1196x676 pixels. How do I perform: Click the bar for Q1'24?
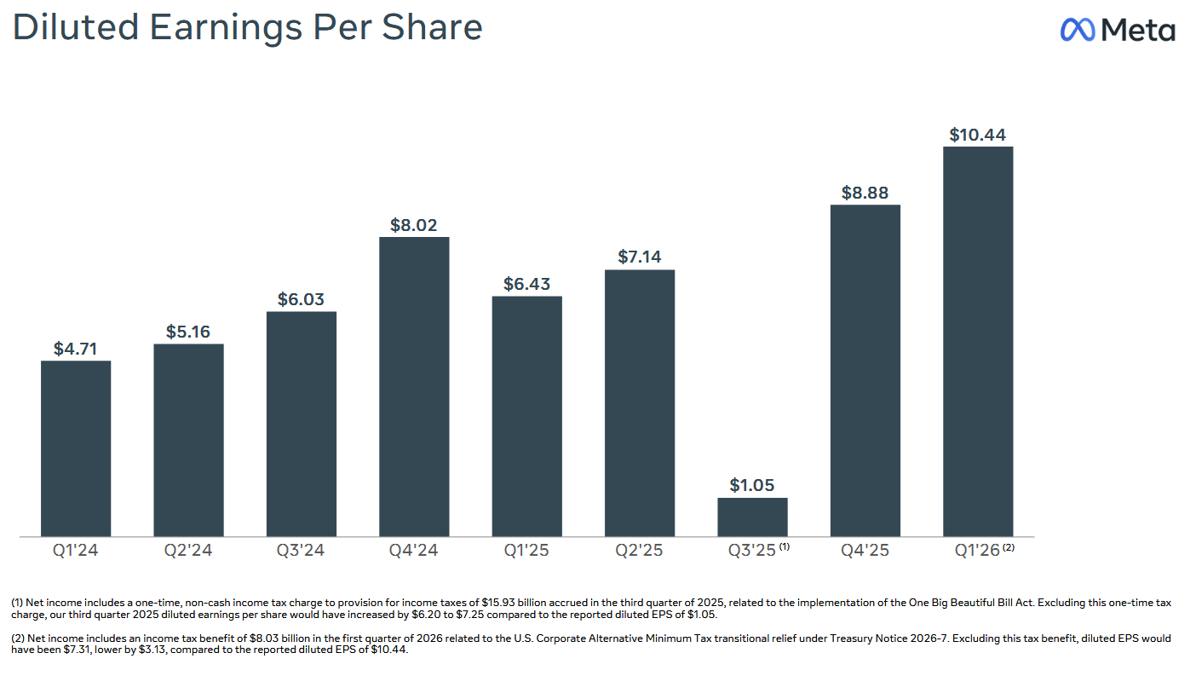(x=76, y=448)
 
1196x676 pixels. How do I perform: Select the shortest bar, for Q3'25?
(x=752, y=517)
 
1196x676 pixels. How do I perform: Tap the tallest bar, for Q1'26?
(x=978, y=341)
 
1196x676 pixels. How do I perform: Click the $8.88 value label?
(x=865, y=193)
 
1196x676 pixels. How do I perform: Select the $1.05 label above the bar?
(x=752, y=486)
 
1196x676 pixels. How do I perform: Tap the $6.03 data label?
(x=301, y=300)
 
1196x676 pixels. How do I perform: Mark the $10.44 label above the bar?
(x=978, y=135)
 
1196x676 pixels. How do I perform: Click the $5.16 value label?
(x=188, y=332)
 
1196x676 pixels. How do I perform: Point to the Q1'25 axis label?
(x=526, y=550)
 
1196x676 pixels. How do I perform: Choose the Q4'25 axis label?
(x=865, y=550)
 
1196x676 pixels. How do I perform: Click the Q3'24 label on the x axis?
(x=301, y=550)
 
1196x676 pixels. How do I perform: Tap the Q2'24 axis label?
(x=188, y=550)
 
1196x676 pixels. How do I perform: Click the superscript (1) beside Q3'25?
(x=785, y=546)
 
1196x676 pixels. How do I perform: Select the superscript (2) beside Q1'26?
(x=1009, y=546)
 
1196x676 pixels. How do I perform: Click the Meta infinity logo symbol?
(x=1078, y=30)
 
